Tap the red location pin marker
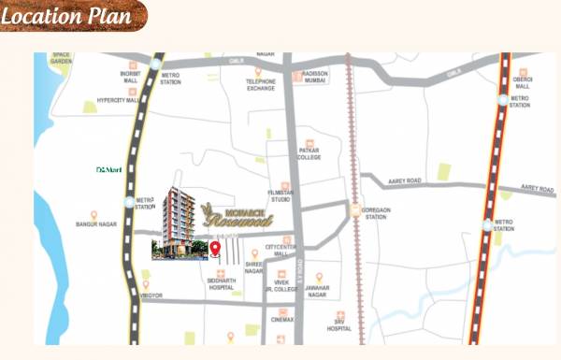(215, 249)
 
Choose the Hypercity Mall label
(118, 98)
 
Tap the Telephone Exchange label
(261, 85)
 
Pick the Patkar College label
(309, 153)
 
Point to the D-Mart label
(109, 170)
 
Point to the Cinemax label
(282, 320)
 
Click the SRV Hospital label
(339, 325)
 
